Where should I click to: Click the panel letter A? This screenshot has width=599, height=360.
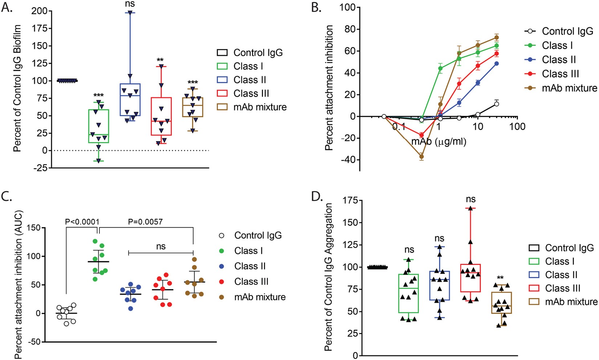pyautogui.click(x=7, y=8)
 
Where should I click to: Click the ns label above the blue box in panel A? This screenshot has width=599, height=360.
pyautogui.click(x=130, y=4)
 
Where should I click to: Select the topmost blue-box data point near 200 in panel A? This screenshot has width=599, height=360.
pyautogui.click(x=130, y=13)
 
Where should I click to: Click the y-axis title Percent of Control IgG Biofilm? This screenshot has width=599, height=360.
pyautogui.click(x=17, y=88)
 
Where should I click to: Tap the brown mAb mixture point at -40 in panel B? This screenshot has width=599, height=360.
pyautogui.click(x=421, y=157)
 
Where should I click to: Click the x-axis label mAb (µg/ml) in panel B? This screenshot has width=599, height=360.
pyautogui.click(x=439, y=141)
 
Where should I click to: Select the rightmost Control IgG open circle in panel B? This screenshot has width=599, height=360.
pyautogui.click(x=496, y=104)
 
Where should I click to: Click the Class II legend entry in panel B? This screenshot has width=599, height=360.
pyautogui.click(x=559, y=60)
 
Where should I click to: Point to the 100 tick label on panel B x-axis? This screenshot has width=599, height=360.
pyautogui.click(x=517, y=127)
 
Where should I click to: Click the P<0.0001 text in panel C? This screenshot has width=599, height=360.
pyautogui.click(x=82, y=221)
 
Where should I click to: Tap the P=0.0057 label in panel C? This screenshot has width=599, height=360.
pyautogui.click(x=146, y=221)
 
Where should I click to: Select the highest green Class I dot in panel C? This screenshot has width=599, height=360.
pyautogui.click(x=95, y=241)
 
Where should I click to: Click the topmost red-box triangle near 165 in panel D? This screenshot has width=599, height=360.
pyautogui.click(x=470, y=208)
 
